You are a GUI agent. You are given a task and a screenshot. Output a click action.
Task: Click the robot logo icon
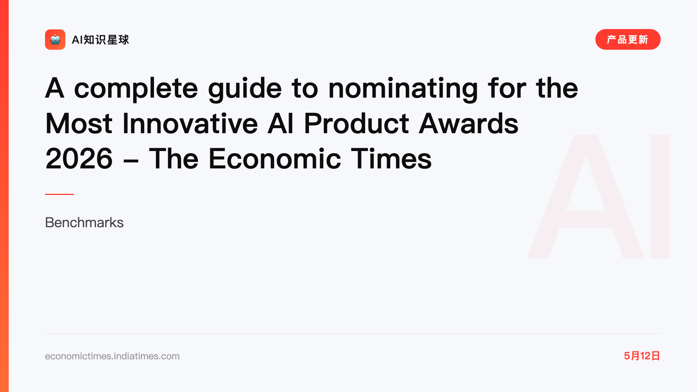tap(55, 40)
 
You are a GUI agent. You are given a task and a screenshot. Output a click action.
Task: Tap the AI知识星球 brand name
tap(100, 40)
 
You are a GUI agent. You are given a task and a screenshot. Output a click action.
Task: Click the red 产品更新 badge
tap(628, 40)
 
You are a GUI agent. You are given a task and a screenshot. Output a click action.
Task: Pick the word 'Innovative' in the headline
tap(190, 124)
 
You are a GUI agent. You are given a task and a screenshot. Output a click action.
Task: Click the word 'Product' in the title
tap(356, 124)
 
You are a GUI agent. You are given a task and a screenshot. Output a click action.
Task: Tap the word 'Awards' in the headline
tap(469, 124)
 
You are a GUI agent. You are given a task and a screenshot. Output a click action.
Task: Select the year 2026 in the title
tap(79, 159)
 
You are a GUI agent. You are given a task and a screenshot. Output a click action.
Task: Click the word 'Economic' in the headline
tap(275, 159)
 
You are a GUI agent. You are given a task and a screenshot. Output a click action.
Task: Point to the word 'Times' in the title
tap(391, 159)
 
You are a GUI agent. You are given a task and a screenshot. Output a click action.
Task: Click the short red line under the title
tap(60, 194)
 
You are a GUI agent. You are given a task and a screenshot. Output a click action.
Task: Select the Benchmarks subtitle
tap(84, 222)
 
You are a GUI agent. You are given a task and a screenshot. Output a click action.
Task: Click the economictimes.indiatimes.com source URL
tap(112, 356)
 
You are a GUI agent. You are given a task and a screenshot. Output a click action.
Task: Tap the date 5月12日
tap(642, 356)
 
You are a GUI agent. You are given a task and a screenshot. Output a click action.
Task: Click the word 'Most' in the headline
tap(79, 124)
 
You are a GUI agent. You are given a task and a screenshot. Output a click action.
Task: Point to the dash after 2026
tap(131, 161)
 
